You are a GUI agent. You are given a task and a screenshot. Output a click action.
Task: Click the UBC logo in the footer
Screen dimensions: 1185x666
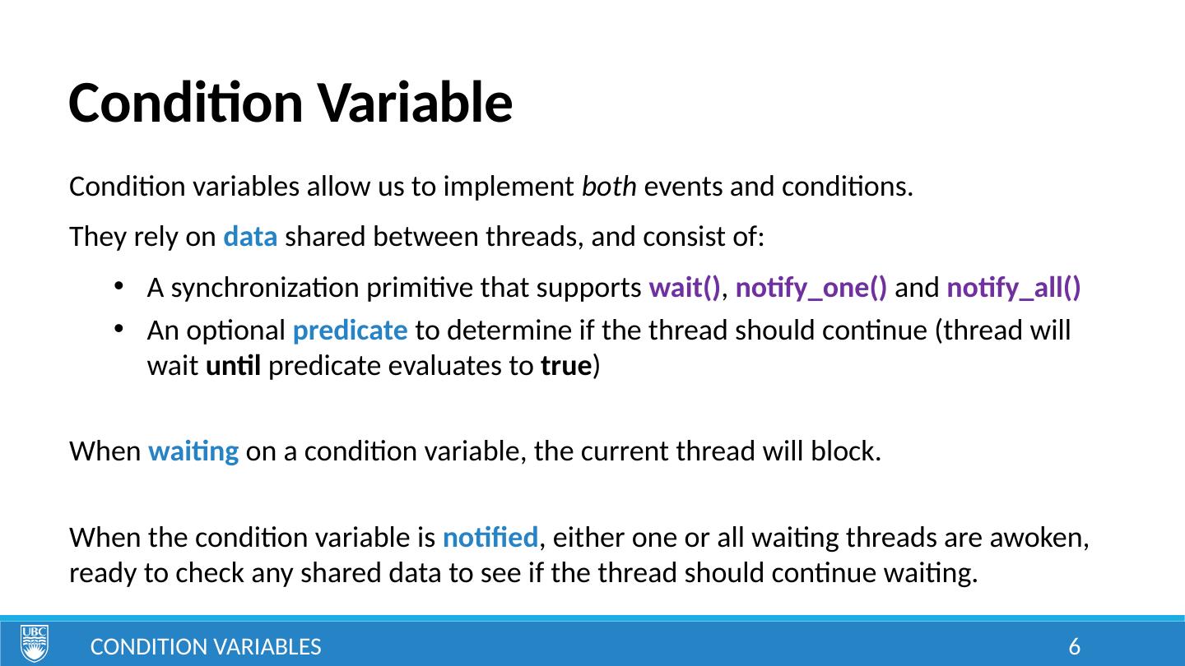[x=35, y=643]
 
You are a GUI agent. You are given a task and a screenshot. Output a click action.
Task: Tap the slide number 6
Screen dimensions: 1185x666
[x=1075, y=646]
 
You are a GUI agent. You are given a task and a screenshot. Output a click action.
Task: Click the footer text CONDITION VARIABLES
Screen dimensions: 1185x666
[x=206, y=647]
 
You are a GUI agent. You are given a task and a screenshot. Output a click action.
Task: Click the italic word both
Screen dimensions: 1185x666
[x=609, y=186]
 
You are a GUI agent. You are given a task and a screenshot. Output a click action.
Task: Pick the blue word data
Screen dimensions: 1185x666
[x=250, y=236]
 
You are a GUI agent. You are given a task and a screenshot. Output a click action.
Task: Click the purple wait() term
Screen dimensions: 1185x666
[x=685, y=288]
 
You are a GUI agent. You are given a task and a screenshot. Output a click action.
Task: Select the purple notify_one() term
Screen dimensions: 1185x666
[x=811, y=289]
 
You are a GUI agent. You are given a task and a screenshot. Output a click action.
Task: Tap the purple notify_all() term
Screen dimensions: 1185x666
[x=1014, y=289]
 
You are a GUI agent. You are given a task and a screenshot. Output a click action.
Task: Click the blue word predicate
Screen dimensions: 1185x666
[x=351, y=331]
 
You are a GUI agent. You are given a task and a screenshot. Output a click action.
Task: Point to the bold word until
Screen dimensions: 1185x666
[x=234, y=366]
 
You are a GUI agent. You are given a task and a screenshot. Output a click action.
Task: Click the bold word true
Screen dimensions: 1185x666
[x=566, y=366]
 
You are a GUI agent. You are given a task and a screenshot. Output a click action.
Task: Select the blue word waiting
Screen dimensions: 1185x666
[x=193, y=452]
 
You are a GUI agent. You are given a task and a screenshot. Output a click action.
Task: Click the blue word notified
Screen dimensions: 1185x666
[x=490, y=538]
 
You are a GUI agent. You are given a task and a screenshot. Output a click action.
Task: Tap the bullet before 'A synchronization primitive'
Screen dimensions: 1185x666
[x=118, y=286]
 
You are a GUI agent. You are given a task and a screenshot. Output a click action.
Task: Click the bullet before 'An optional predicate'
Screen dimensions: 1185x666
[x=118, y=329]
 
